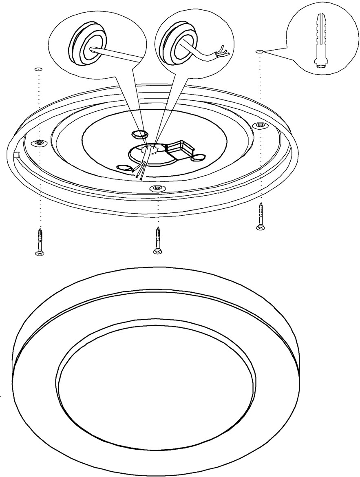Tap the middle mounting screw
click(x=157, y=241)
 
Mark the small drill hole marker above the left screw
click(x=38, y=69)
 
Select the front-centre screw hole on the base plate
click(x=157, y=188)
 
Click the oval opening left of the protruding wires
click(x=124, y=168)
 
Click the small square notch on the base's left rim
click(x=16, y=154)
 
